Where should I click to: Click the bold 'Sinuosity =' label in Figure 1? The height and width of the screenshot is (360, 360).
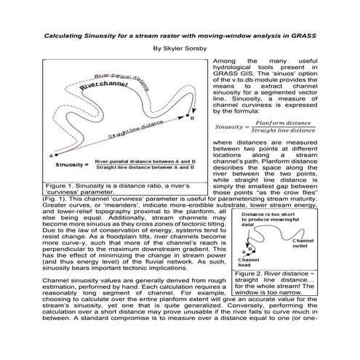pos(71,164)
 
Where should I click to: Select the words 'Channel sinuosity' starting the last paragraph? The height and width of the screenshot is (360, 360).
pos(78,280)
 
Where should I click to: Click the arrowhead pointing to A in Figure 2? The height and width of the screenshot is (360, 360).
pos(244,246)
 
